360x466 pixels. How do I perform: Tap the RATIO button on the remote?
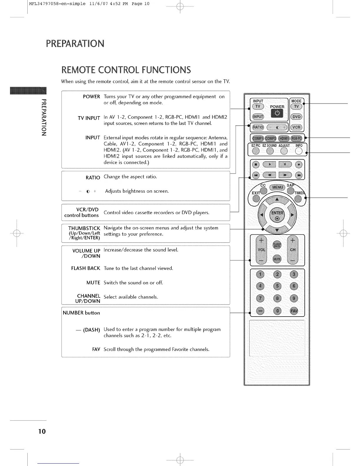pos(258,127)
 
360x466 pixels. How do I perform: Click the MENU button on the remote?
pos(277,187)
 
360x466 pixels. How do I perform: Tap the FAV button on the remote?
pos(294,311)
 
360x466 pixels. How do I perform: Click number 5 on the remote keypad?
pos(277,286)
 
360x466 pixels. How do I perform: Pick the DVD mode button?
pos(296,117)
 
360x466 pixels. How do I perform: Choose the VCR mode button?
pos(296,127)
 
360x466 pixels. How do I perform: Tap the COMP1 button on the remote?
pos(258,139)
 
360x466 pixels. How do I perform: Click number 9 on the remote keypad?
pos(294,298)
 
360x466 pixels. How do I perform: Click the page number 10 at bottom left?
pos(42,432)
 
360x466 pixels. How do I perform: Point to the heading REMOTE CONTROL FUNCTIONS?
pos(126,70)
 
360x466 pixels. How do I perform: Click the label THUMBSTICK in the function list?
pos(84,228)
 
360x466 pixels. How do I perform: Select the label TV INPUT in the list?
pos(89,118)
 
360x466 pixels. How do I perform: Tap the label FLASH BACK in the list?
pos(86,268)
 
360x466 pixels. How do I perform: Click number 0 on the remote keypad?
pos(277,311)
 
